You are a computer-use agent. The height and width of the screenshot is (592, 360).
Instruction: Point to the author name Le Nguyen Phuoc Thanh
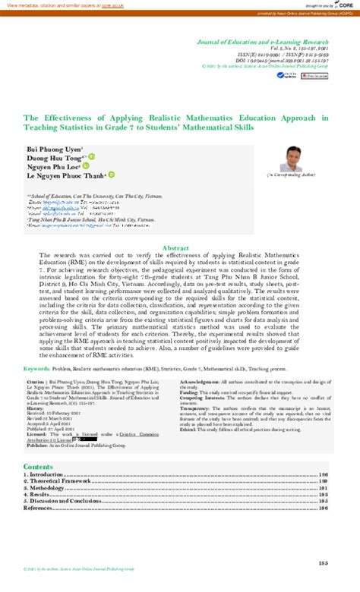65,175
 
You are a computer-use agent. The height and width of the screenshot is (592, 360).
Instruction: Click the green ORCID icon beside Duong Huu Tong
90,158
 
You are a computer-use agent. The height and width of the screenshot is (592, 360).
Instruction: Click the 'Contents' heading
38,466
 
